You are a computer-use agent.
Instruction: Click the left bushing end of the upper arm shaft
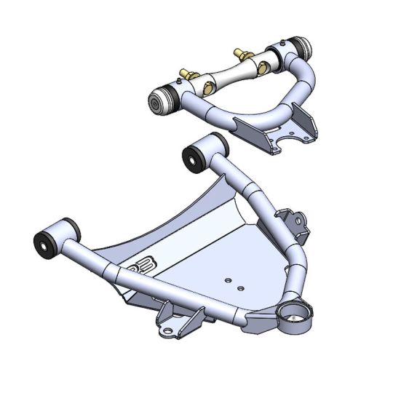coord(158,103)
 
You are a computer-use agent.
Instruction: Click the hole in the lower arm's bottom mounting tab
coord(170,333)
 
